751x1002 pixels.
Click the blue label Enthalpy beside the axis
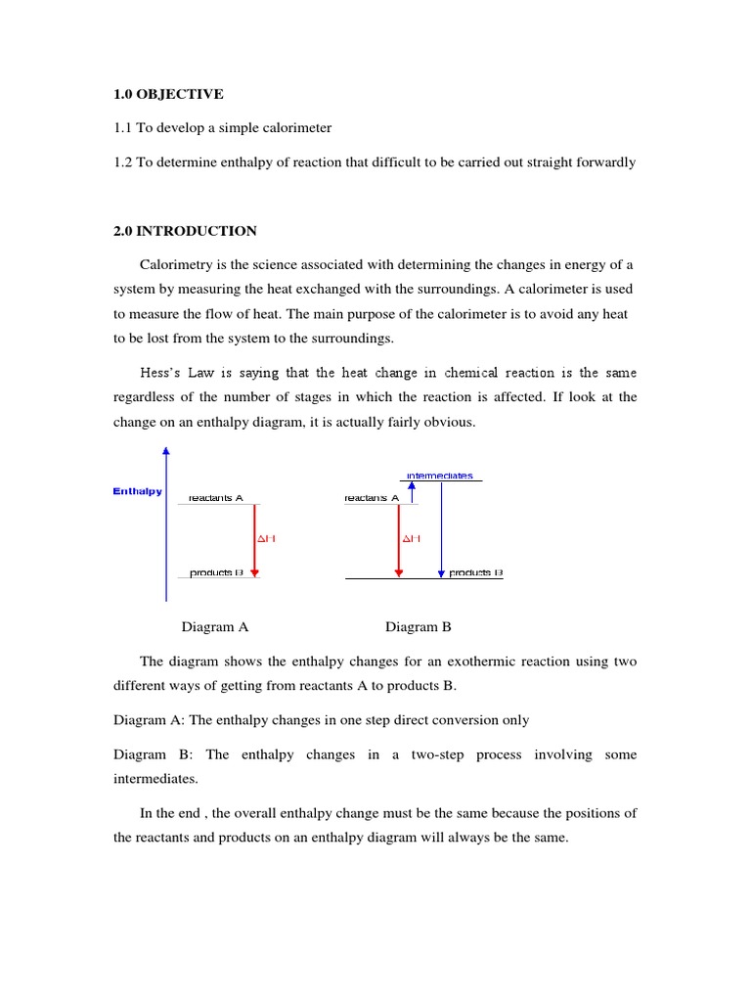[x=138, y=491]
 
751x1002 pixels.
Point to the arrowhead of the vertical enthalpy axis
[x=166, y=451]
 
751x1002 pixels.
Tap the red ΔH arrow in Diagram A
[x=255, y=538]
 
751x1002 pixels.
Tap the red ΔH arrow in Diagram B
[x=398, y=538]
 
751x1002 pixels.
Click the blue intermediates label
[x=439, y=476]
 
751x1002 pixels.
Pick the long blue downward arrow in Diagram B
[x=441, y=528]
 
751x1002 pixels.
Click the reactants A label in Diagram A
[x=215, y=498]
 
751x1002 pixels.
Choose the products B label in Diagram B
[x=475, y=572]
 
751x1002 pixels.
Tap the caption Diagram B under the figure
[x=419, y=626]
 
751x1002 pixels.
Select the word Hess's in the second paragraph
[x=162, y=372]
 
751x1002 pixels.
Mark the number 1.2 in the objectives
[x=123, y=162]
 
